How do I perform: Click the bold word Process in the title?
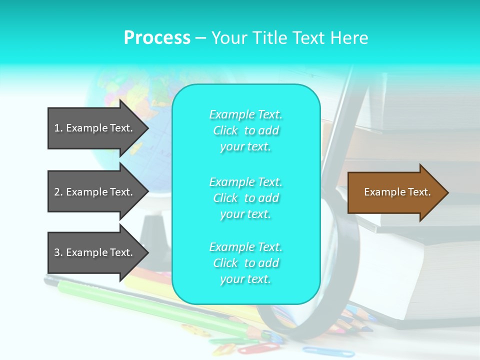click(x=157, y=38)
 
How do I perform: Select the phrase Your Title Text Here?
click(x=289, y=38)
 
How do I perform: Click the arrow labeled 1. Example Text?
click(x=95, y=128)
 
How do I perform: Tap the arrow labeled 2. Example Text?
click(x=95, y=192)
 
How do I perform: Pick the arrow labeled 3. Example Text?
click(x=95, y=252)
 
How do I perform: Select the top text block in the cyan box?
click(x=246, y=130)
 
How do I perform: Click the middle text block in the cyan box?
click(x=246, y=198)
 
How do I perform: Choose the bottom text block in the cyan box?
click(x=246, y=263)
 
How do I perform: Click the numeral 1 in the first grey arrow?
click(x=57, y=128)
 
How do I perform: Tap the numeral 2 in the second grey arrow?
click(x=57, y=192)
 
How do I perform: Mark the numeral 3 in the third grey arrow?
click(x=57, y=252)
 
